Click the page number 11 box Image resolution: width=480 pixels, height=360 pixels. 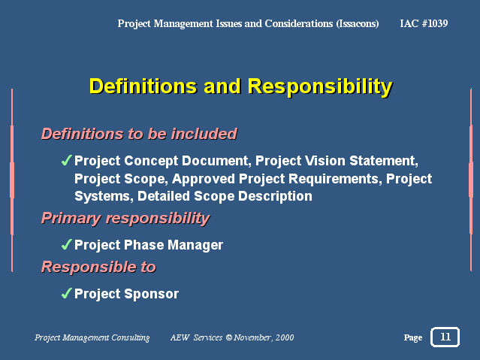pyautogui.click(x=445, y=337)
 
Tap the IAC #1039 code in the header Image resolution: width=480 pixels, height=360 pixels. pyautogui.click(x=424, y=23)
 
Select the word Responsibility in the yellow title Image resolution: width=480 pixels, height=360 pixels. pyautogui.click(x=320, y=86)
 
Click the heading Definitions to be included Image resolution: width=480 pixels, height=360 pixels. pyautogui.click(x=139, y=134)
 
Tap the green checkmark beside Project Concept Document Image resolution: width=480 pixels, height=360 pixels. pyautogui.click(x=66, y=160)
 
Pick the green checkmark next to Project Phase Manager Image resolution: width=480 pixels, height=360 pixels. pyautogui.click(x=66, y=244)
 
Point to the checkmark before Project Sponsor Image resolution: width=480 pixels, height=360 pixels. pyautogui.click(x=66, y=293)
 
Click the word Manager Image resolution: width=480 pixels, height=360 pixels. pyautogui.click(x=195, y=245)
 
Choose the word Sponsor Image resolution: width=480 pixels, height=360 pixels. pyautogui.click(x=152, y=294)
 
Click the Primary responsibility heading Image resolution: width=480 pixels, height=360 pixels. pyautogui.click(x=125, y=219)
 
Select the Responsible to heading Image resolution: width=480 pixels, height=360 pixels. pyautogui.click(x=98, y=267)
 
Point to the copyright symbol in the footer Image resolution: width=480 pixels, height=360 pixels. pyautogui.click(x=228, y=337)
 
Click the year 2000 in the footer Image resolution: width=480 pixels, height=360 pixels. pyautogui.click(x=285, y=337)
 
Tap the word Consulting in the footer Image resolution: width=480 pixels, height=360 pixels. pyautogui.click(x=131, y=337)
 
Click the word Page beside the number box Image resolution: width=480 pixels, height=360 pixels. pyautogui.click(x=413, y=337)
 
